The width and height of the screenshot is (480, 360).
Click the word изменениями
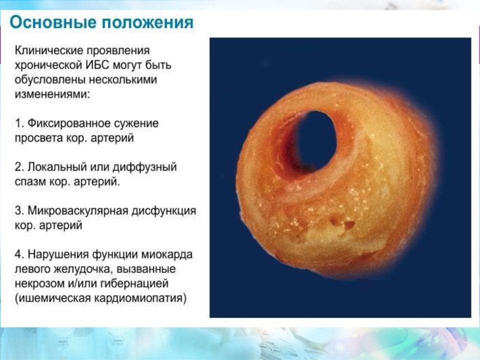(x=52, y=94)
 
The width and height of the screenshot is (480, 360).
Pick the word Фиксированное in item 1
(x=69, y=123)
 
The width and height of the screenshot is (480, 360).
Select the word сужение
(x=136, y=123)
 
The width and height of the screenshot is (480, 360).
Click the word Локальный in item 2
(x=57, y=167)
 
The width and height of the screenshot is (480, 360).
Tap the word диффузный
(x=144, y=167)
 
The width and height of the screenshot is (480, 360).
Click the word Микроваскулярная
(x=78, y=211)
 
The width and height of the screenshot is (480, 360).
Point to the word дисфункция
(x=164, y=211)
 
